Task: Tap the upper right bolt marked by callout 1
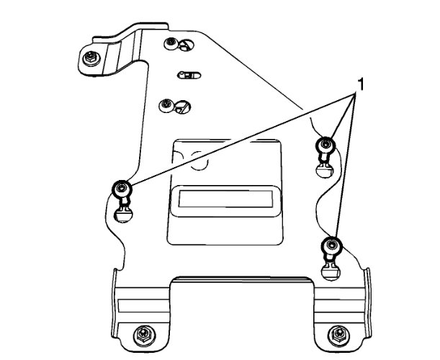(x=325, y=146)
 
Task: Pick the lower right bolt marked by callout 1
(x=330, y=246)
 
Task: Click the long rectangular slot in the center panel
(x=224, y=199)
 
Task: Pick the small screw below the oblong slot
(x=167, y=106)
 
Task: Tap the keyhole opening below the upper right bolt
(x=325, y=168)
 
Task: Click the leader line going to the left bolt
(x=238, y=140)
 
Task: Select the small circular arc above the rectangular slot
(x=200, y=165)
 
